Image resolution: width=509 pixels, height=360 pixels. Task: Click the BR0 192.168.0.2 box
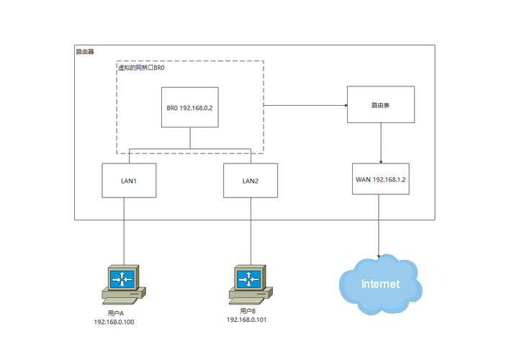click(190, 108)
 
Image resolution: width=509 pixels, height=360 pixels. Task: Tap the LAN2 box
click(251, 181)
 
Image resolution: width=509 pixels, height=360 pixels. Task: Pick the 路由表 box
click(380, 105)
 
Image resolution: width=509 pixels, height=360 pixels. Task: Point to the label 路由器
click(85, 52)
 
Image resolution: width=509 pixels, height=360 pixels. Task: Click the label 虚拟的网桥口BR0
click(142, 67)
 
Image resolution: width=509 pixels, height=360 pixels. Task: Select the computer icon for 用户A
click(124, 282)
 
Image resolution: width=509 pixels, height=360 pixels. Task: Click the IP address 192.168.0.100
click(114, 322)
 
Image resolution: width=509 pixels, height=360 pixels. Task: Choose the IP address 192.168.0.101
click(247, 319)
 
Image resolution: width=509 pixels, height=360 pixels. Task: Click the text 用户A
click(115, 313)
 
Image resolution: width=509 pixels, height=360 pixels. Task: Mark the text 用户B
click(247, 310)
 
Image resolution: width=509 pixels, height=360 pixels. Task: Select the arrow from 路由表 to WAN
click(380, 143)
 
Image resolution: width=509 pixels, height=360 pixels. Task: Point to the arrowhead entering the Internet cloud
click(380, 255)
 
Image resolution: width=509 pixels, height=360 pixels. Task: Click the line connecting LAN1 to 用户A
click(124, 230)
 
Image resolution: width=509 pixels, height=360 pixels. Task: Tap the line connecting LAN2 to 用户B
click(251, 230)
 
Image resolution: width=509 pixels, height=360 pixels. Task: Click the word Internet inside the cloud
click(379, 284)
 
